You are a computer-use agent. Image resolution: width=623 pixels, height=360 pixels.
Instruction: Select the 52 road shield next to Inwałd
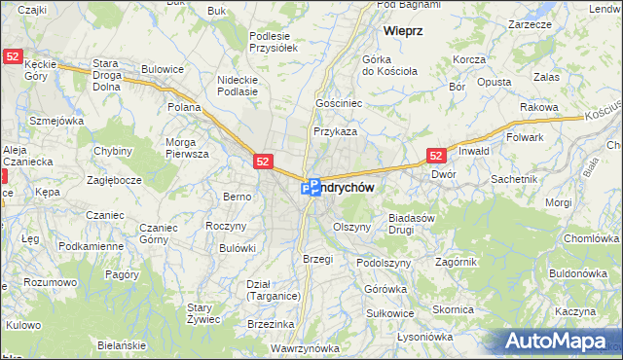click(x=436, y=155)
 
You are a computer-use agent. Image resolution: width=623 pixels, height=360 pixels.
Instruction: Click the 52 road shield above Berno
click(x=263, y=162)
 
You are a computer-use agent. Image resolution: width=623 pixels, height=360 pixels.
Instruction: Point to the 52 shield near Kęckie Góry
click(x=14, y=57)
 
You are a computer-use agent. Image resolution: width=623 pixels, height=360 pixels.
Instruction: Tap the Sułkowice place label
click(x=389, y=313)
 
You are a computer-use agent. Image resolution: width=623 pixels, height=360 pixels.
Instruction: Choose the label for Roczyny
click(x=224, y=226)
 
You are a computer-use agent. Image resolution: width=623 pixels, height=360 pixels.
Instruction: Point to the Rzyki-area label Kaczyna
click(x=575, y=311)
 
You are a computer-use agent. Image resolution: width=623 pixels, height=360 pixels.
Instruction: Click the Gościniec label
click(x=339, y=102)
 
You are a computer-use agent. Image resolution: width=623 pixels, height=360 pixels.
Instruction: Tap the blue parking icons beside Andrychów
click(x=311, y=186)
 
